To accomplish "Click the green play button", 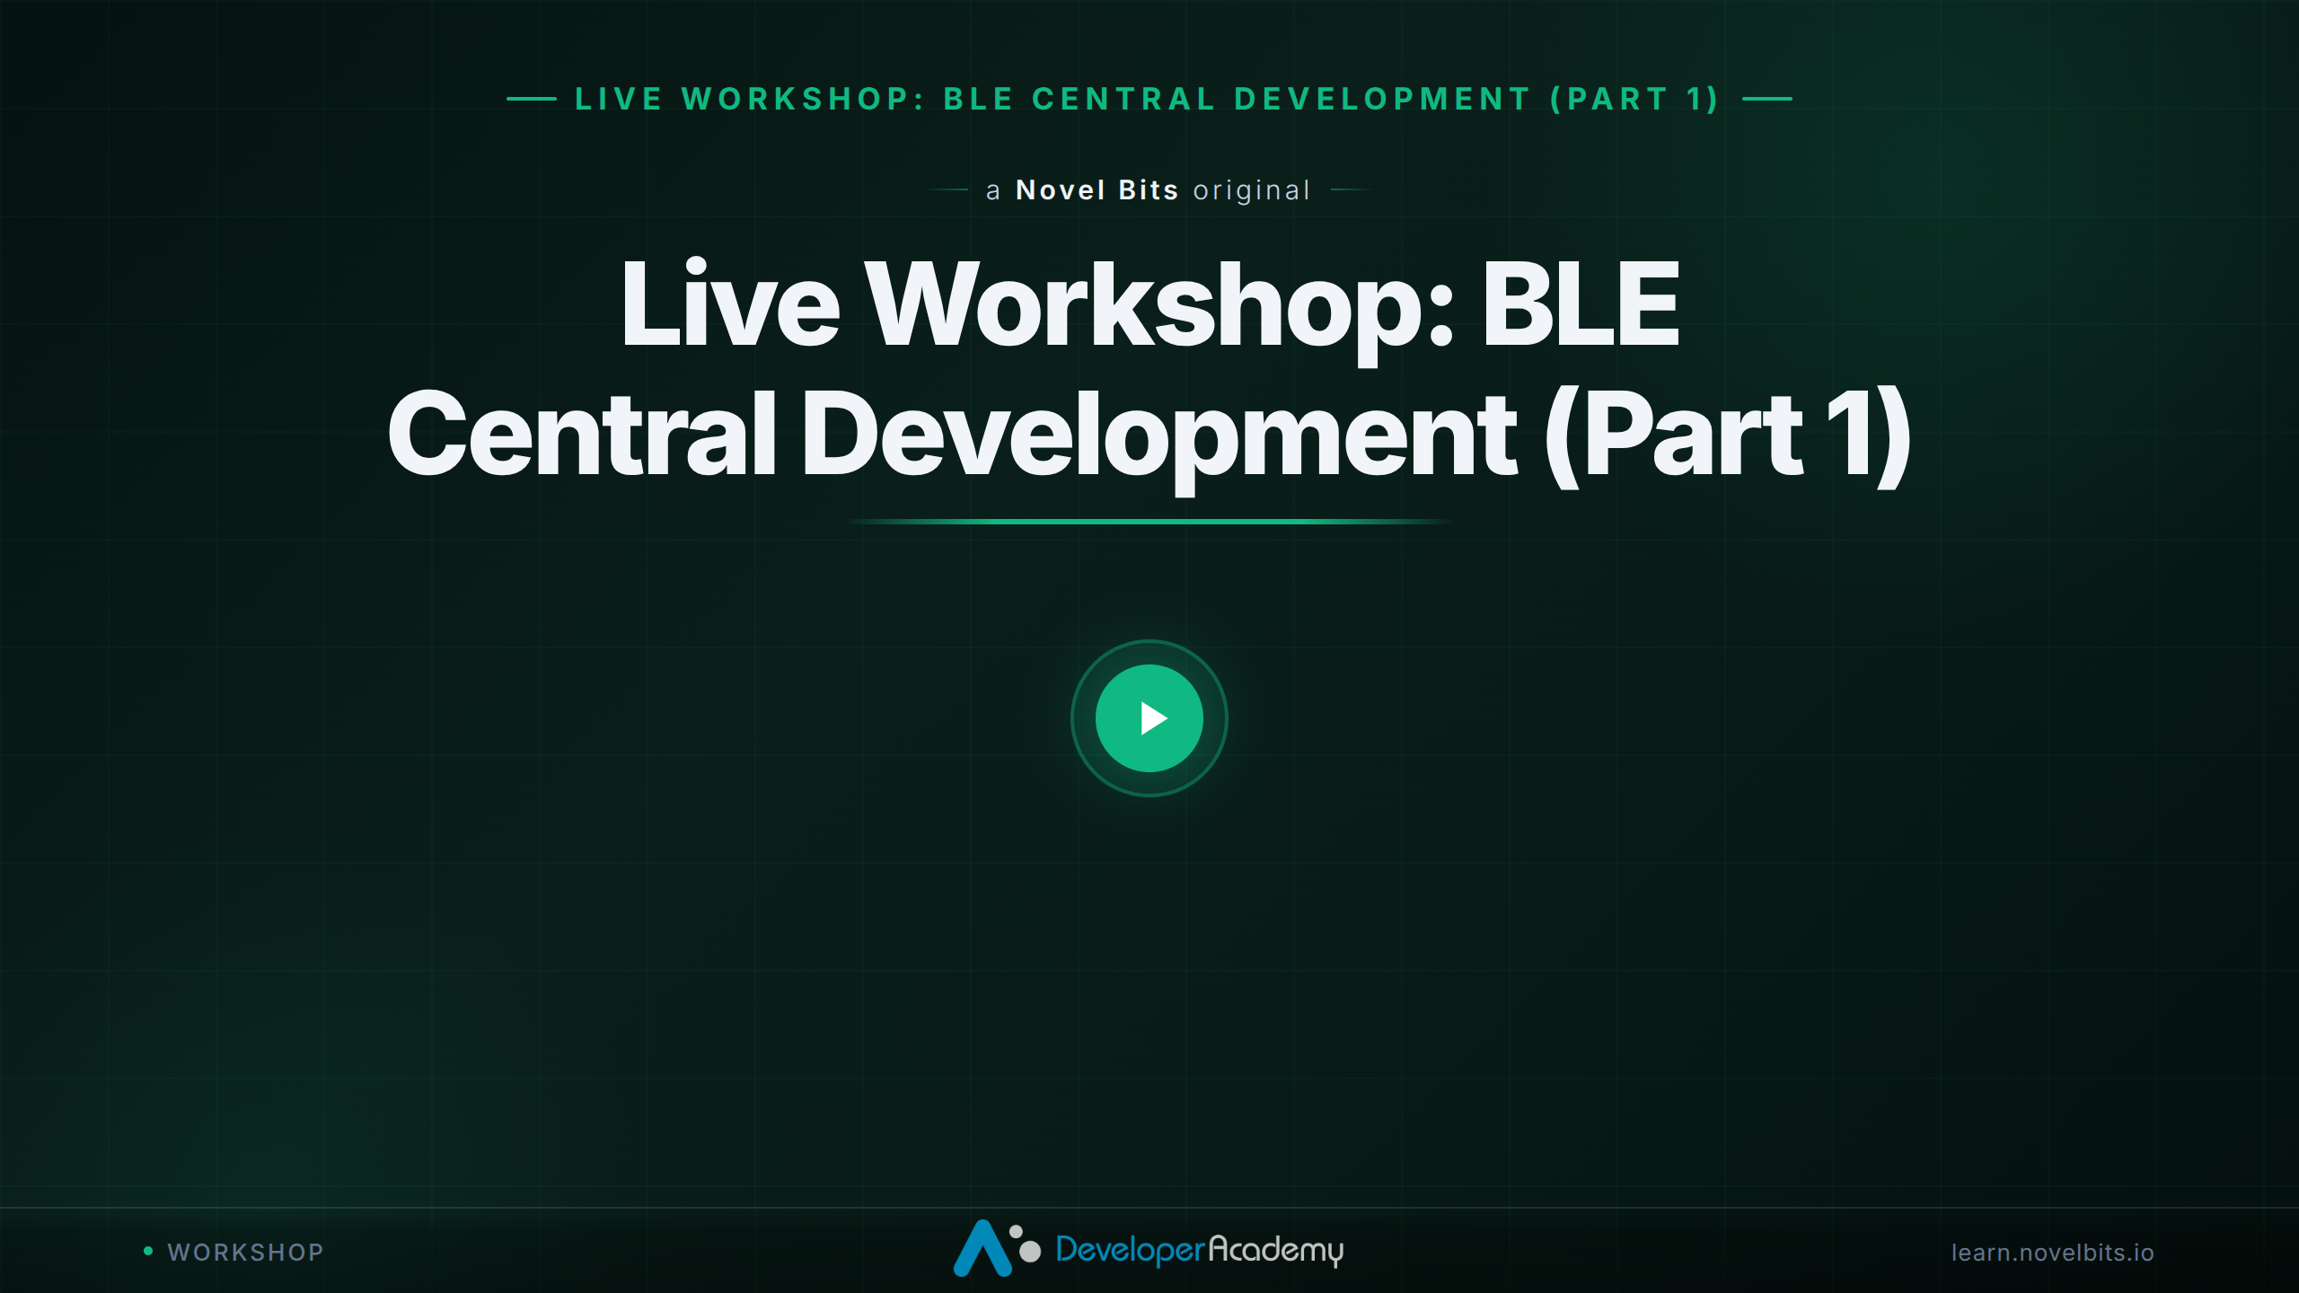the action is click(1149, 718).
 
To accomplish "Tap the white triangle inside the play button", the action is click(1153, 718).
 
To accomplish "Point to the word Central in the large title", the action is click(583, 433).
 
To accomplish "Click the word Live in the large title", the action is click(730, 303).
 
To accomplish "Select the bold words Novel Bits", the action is click(1097, 190).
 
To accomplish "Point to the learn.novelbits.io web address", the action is click(2052, 1253).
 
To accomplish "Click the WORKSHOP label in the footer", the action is click(245, 1253).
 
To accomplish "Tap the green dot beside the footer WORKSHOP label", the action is click(148, 1251).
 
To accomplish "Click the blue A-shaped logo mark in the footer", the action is click(982, 1248).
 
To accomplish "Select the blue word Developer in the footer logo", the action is click(1130, 1250).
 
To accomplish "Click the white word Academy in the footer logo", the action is click(1276, 1250).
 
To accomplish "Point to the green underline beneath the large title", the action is click(1149, 521).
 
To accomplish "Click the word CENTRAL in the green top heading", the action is click(1124, 99).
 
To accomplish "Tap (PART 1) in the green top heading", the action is click(1635, 99).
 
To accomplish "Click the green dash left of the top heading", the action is click(532, 99).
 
